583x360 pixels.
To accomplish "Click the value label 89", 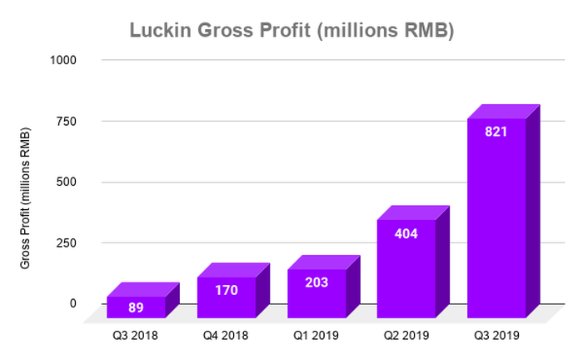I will [x=137, y=307].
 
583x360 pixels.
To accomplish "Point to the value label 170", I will [x=226, y=291].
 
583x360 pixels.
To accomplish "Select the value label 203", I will [x=316, y=282].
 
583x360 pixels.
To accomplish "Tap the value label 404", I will [x=406, y=233].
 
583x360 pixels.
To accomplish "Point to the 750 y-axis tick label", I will [x=67, y=121].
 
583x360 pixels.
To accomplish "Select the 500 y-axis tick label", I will [x=67, y=182].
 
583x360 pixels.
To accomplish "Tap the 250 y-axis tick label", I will [x=67, y=242].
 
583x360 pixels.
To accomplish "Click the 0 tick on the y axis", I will [x=73, y=303].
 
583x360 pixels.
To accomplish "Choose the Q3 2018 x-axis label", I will [x=136, y=336].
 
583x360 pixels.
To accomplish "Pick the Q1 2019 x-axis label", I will [x=316, y=336].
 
